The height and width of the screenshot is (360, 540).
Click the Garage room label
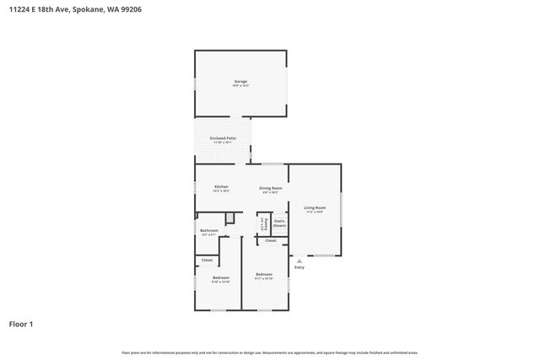tap(240, 81)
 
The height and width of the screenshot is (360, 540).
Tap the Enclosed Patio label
tap(223, 137)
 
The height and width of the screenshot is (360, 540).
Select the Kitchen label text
tap(221, 186)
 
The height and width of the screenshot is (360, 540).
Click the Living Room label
tap(315, 207)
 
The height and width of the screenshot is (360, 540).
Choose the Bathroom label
tap(208, 230)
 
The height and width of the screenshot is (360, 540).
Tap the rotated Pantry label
tap(263, 225)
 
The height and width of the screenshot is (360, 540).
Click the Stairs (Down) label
tap(279, 223)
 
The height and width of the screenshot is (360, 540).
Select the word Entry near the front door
tap(300, 268)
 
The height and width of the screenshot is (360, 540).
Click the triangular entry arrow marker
tap(300, 261)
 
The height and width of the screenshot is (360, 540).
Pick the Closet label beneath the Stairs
tap(270, 241)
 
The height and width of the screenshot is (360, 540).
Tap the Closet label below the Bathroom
tap(207, 261)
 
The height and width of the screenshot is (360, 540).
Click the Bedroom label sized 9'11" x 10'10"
tap(264, 274)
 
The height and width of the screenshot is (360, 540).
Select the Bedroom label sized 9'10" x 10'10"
tap(220, 277)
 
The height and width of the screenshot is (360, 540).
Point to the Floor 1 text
tap(21, 324)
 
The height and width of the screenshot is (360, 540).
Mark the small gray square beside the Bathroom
tap(229, 218)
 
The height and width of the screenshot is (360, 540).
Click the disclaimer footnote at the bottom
tap(269, 352)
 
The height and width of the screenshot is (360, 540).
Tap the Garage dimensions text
tap(240, 86)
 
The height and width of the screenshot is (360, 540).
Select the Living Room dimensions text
tap(315, 212)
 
